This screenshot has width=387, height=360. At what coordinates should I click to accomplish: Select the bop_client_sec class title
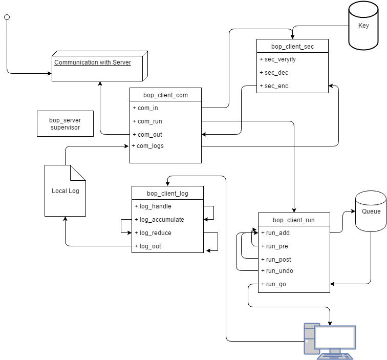[292, 47]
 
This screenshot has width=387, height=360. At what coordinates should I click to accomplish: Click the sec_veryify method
[280, 59]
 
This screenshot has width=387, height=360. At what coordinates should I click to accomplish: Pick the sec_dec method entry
[276, 73]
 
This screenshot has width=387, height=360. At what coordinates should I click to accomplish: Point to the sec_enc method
[276, 86]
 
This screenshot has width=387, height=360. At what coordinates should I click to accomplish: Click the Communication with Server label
[93, 62]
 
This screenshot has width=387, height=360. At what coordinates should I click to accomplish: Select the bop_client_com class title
[165, 95]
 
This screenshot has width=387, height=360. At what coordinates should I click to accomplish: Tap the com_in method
[148, 108]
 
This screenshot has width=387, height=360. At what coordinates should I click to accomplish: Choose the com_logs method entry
[150, 146]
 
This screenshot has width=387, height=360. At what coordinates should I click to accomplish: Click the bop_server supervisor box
[65, 124]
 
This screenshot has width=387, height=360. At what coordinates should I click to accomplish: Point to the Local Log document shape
[65, 191]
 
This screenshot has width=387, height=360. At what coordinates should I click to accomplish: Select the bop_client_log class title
[167, 194]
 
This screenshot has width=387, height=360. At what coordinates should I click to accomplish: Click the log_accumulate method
[162, 220]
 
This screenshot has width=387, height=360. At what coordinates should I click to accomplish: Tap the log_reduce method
[156, 233]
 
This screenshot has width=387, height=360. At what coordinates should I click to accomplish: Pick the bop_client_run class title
[294, 220]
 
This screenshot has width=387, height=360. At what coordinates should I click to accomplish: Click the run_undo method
[279, 271]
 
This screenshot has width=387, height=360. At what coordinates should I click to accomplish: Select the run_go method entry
[276, 284]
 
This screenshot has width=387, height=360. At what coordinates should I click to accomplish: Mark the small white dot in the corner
[7, 17]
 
